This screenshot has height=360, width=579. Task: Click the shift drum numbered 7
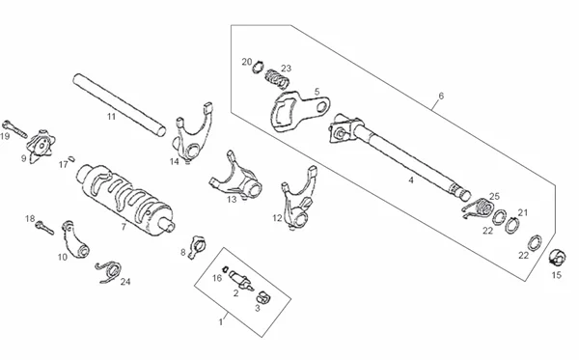click(x=125, y=200)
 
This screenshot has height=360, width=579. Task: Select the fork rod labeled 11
click(x=120, y=105)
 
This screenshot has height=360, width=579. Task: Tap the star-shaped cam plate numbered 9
click(x=41, y=146)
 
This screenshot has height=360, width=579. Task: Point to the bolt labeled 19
click(x=14, y=129)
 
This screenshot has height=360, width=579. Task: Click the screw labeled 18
click(x=44, y=227)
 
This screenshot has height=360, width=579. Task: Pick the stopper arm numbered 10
click(x=75, y=240)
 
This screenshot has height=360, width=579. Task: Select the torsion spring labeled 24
click(x=109, y=271)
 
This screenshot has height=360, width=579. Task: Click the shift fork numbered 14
click(x=192, y=133)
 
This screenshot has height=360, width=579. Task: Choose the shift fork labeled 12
click(x=298, y=200)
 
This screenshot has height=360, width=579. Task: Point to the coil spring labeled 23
click(x=277, y=78)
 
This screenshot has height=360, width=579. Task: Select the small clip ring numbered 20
click(x=258, y=67)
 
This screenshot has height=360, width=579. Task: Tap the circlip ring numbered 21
click(x=512, y=225)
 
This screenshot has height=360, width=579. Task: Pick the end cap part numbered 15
click(x=557, y=258)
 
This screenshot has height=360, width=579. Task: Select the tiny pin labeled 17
click(x=72, y=159)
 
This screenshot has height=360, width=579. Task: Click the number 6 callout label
click(x=441, y=96)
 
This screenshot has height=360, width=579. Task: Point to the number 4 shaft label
click(x=411, y=180)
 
